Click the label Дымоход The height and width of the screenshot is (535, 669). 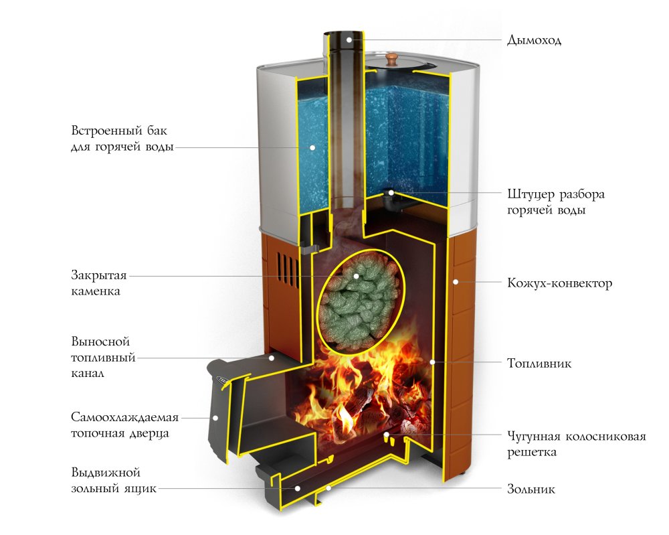pos(534,40)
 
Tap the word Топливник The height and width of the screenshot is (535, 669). pos(539,364)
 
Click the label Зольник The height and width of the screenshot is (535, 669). pos(531,489)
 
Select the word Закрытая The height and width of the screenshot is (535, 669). pos(98,275)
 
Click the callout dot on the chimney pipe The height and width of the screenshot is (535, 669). pos(348,40)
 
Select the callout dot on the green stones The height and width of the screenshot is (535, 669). pos(356,276)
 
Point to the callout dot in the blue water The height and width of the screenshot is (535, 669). pos(312,147)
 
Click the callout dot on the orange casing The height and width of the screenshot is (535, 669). pos(455,283)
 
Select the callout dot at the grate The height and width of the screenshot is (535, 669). pos(387,437)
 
